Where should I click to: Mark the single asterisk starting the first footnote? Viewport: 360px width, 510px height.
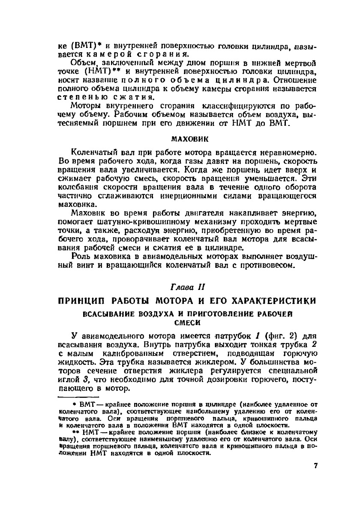coord(74,404)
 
